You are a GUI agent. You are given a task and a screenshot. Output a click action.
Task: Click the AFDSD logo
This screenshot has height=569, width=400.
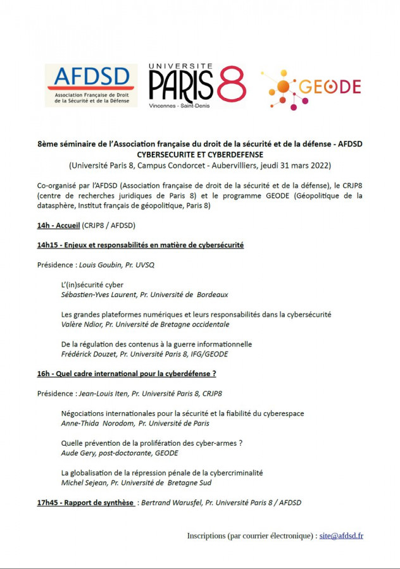(91, 84)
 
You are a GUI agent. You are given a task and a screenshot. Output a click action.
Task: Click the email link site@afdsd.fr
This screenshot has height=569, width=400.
(341, 535)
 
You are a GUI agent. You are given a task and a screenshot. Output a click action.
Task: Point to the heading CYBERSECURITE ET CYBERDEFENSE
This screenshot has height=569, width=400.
(200, 154)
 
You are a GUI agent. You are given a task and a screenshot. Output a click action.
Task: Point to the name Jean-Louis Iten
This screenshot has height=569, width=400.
(103, 393)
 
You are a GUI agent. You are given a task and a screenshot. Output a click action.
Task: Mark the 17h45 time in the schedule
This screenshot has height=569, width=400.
(48, 503)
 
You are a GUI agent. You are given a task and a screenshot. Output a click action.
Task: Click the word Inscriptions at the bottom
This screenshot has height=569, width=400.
(206, 535)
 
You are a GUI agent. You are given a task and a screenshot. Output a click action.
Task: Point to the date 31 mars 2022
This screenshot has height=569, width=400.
(298, 165)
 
